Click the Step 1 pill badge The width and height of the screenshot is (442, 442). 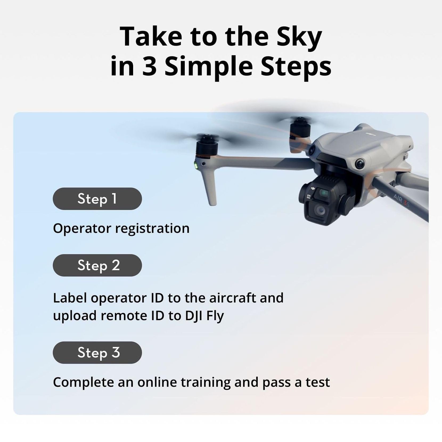click(97, 199)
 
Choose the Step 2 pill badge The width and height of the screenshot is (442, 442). click(97, 265)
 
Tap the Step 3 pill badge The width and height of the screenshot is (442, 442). click(97, 353)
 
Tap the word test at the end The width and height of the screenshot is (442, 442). click(318, 382)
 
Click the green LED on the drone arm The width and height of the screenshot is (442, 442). click(196, 165)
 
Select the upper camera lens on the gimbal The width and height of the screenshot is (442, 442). click(324, 193)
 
